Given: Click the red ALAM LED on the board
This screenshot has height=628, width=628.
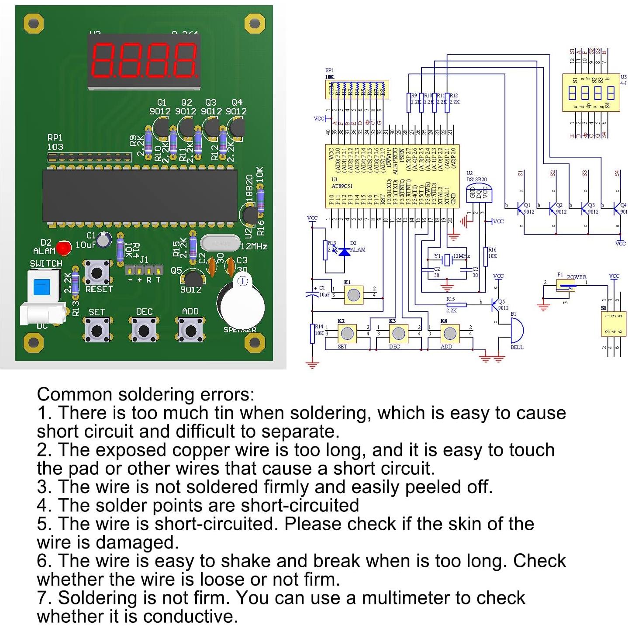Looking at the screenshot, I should coord(64,248).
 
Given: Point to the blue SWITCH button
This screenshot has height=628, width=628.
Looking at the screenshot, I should coord(42,286).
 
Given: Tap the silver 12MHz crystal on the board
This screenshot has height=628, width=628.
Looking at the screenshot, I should coord(220,243).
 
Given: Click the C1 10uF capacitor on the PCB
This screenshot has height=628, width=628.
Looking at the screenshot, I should coord(104,239).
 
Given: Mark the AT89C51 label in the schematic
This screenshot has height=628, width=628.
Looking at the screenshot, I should coord(342,186).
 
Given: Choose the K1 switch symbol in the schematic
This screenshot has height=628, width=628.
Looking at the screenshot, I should coord(353,295).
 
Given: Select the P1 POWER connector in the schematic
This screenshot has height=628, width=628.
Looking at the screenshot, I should coord(566,286).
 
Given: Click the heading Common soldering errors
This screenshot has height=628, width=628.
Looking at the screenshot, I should coord(145,394).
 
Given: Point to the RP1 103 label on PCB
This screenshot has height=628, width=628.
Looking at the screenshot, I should coord(55,142).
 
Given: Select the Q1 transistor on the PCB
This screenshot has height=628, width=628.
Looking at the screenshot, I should coord(160,128).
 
